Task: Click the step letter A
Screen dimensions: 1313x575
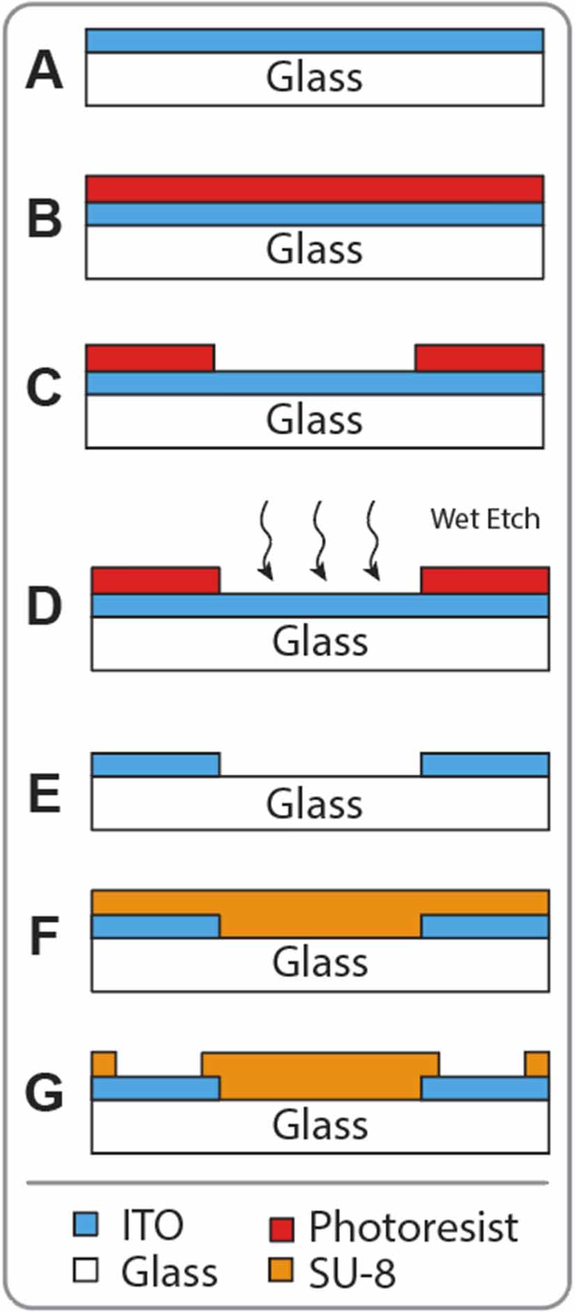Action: click(x=44, y=71)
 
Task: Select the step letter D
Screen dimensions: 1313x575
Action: click(x=44, y=606)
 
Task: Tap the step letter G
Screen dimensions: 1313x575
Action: click(x=44, y=1091)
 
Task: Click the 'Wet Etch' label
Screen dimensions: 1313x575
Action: click(x=484, y=519)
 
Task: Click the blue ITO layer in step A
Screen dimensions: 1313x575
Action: click(x=314, y=40)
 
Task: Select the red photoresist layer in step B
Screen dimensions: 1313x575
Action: click(x=314, y=189)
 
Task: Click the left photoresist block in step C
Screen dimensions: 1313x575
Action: click(x=150, y=358)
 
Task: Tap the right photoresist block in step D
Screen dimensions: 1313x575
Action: click(x=484, y=581)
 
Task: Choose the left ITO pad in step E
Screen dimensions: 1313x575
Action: click(x=155, y=765)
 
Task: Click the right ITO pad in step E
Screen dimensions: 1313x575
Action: click(x=484, y=765)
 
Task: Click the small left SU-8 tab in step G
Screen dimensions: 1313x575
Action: click(x=104, y=1064)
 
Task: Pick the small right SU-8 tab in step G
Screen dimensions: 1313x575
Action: click(x=537, y=1064)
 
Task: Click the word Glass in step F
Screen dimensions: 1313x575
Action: click(x=320, y=962)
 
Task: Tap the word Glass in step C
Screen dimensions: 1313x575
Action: click(x=314, y=420)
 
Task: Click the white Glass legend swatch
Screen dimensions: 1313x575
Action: click(x=86, y=1270)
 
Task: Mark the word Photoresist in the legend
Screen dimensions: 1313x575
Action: click(x=413, y=1227)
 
